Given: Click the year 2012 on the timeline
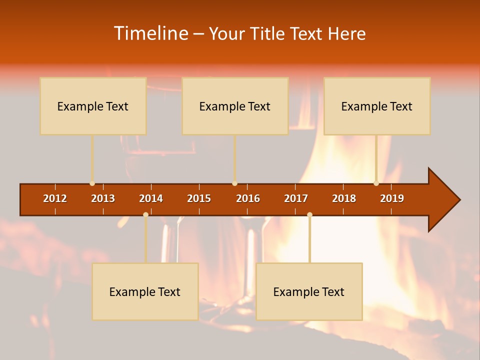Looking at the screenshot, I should (x=55, y=198).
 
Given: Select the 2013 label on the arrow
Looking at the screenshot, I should (x=103, y=198).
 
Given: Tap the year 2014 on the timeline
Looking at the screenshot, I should (x=151, y=198).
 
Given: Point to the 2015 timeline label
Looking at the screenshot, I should (x=199, y=198).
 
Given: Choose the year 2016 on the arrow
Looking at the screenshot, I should (x=248, y=198).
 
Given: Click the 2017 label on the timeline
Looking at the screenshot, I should (x=296, y=198).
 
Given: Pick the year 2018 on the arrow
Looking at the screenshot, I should (x=344, y=198).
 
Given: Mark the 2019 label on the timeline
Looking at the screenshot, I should (x=392, y=198).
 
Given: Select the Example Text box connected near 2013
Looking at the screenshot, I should (x=93, y=106).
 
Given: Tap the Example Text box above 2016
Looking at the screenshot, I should (x=235, y=106).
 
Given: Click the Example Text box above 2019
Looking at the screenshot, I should (x=377, y=106).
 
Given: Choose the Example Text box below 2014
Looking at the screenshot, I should (x=145, y=291).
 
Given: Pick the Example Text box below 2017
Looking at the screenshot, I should (x=309, y=291).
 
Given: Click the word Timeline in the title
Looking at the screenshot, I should (x=150, y=33).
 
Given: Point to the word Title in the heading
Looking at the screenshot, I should (x=268, y=34).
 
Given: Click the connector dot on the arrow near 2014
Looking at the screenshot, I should (x=145, y=214).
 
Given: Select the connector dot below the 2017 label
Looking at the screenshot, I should (x=309, y=214).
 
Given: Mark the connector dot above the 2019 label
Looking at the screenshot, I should (x=376, y=183).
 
